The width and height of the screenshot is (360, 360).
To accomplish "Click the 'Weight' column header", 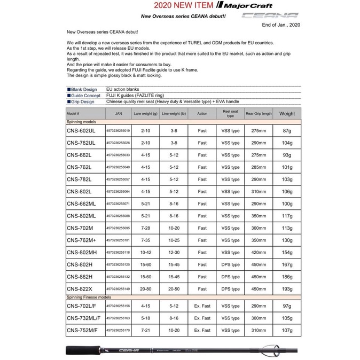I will click(x=287, y=114).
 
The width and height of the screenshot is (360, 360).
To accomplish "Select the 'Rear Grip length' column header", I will click(x=259, y=114).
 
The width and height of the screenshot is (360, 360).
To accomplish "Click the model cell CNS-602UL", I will click(x=81, y=130).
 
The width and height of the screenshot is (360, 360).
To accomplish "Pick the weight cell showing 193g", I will click(x=287, y=289).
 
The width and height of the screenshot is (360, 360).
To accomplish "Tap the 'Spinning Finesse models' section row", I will click(x=89, y=297).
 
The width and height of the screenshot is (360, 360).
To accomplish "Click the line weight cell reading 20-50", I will click(x=174, y=289).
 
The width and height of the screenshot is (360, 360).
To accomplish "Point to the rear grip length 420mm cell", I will click(x=259, y=253).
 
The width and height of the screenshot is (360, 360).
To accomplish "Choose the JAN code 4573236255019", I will click(x=118, y=131).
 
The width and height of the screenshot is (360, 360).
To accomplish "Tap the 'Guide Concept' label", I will click(x=84, y=96).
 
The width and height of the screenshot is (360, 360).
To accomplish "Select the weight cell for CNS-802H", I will click(x=287, y=265).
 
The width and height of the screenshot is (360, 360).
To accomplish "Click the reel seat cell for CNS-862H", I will click(x=231, y=277).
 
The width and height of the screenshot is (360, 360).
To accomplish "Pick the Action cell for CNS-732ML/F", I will click(x=202, y=318).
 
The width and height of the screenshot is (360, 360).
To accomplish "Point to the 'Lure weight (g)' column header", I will click(x=146, y=114).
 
